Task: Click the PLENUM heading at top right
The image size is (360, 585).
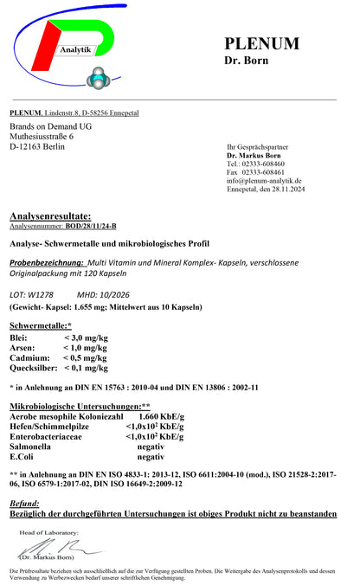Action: (261, 43)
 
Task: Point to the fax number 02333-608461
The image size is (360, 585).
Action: (267, 171)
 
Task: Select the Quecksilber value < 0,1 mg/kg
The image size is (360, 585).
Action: (86, 367)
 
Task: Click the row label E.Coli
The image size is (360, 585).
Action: (22, 456)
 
